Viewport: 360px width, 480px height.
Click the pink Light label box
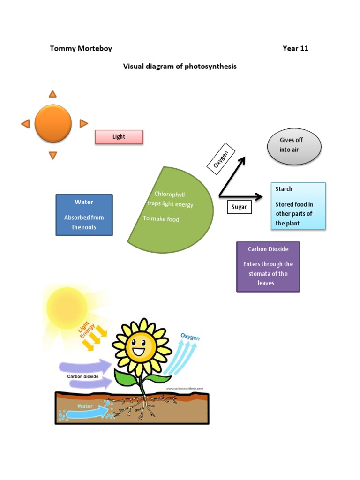click(x=119, y=137)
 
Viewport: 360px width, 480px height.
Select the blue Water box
click(x=84, y=215)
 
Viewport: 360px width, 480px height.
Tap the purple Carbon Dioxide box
click(x=268, y=267)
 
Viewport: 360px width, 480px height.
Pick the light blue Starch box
click(x=298, y=206)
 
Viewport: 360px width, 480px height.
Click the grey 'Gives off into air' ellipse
click(x=294, y=147)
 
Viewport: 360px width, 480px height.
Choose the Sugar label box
click(x=239, y=207)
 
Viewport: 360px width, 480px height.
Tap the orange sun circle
click(x=53, y=123)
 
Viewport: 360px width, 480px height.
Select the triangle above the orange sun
click(x=53, y=94)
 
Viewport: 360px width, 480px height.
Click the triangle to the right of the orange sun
click(x=83, y=123)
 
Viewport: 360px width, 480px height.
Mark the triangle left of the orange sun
click(x=25, y=124)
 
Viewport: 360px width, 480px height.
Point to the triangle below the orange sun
click(x=53, y=155)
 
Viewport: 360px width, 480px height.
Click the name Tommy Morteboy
click(x=81, y=48)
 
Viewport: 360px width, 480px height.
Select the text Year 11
click(x=295, y=48)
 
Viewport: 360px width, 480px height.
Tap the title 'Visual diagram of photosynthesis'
click(x=180, y=67)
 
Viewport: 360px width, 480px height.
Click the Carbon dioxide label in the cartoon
click(x=82, y=376)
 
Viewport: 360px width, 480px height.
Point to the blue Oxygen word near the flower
click(x=190, y=337)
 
